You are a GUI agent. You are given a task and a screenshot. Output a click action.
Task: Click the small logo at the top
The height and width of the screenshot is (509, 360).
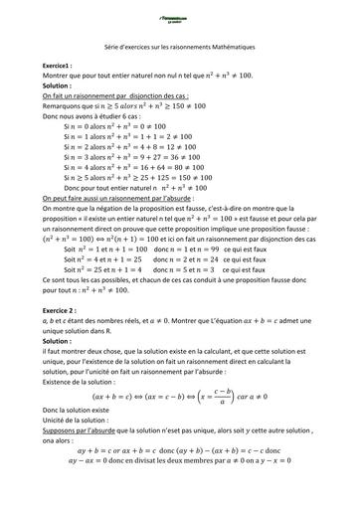[x=179, y=13]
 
